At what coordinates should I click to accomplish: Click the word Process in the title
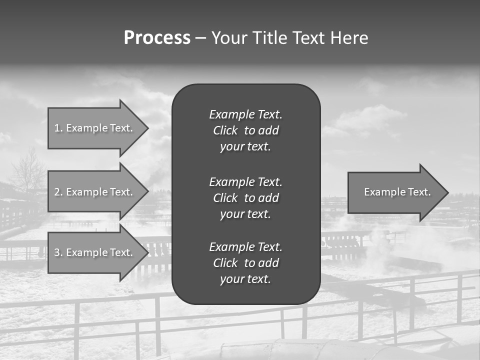point(157,38)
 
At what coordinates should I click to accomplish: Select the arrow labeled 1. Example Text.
point(95,128)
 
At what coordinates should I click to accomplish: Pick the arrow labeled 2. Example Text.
point(95,192)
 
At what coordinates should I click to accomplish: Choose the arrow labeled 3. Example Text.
point(95,252)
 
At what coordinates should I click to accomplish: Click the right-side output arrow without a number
point(395,192)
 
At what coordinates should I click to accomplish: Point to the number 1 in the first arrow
point(57,128)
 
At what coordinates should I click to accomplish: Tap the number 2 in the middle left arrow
point(57,192)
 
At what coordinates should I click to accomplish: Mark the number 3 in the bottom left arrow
point(57,252)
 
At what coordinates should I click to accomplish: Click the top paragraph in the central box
point(245,130)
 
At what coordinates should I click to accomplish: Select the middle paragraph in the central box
point(245,197)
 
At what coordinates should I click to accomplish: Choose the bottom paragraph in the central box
point(245,263)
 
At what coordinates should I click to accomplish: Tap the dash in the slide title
point(200,38)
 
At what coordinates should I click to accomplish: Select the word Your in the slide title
point(228,38)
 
